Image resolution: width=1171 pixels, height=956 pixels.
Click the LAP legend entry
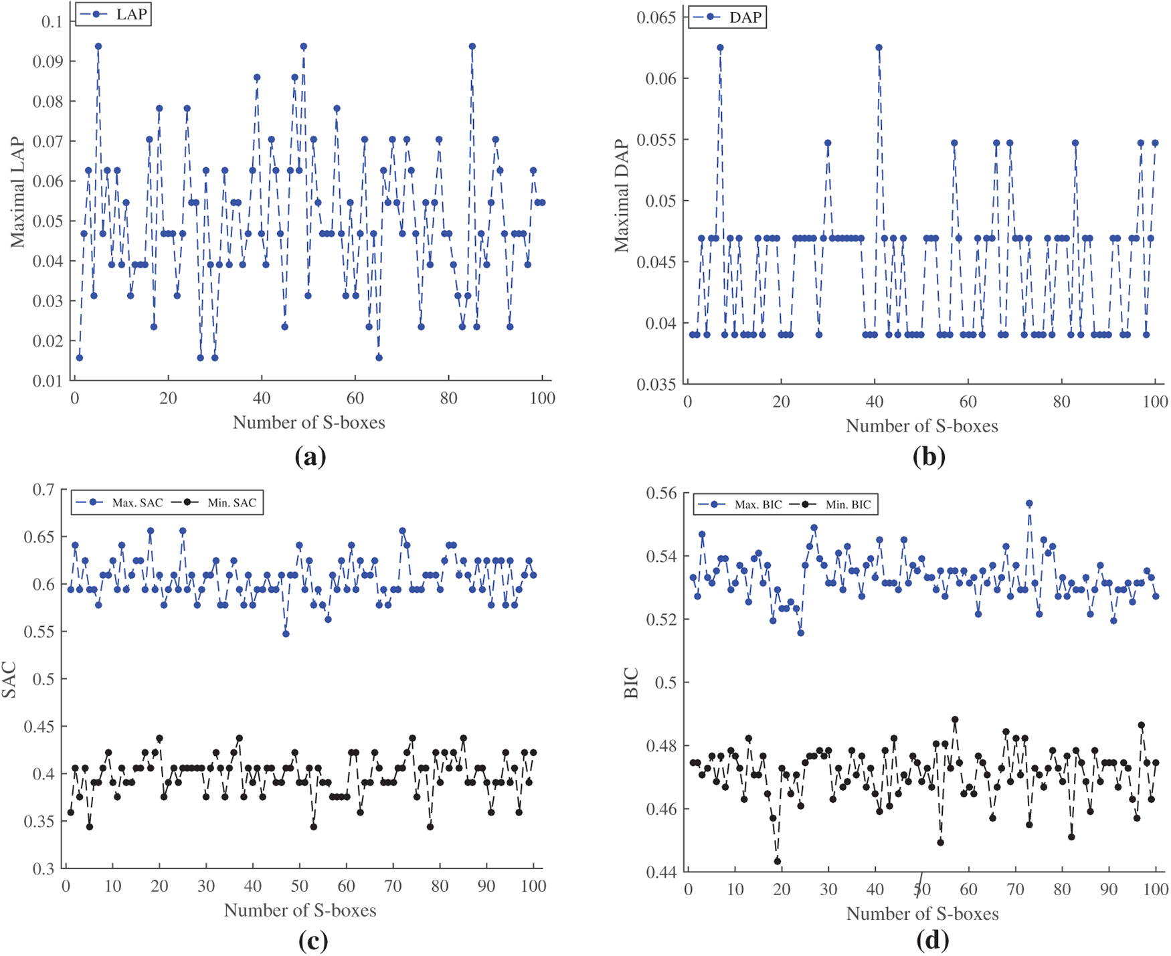click(114, 14)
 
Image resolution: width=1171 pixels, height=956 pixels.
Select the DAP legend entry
click(727, 17)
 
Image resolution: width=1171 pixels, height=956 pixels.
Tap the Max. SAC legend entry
click(119, 502)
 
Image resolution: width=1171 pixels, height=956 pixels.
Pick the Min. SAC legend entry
click(217, 502)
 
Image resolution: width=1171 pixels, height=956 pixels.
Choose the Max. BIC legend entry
click(739, 504)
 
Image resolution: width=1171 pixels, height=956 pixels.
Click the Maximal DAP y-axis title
click(623, 195)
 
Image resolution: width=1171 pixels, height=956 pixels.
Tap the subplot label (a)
click(310, 456)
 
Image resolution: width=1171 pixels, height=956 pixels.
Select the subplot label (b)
click(929, 456)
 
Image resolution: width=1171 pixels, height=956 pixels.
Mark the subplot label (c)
click(312, 941)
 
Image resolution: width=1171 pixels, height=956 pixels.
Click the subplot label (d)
click(932, 941)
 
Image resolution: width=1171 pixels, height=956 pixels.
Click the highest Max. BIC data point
click(1029, 503)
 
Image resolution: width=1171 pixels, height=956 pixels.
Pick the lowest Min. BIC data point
click(778, 861)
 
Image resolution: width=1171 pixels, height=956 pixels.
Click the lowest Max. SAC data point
click(286, 634)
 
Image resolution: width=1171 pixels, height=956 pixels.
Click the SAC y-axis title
click(9, 679)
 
